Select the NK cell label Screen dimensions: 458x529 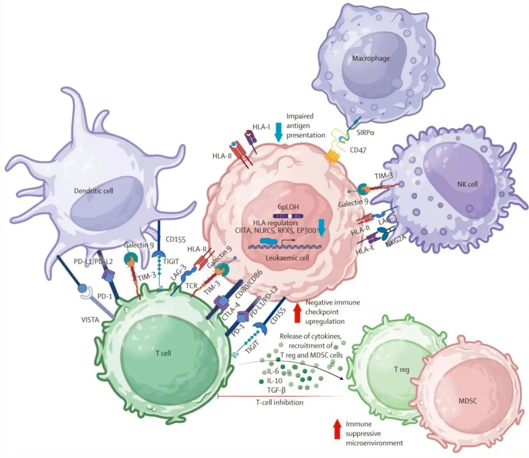point(467,184)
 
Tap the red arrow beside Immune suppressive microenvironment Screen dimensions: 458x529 point(337,429)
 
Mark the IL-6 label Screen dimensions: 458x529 point(273,371)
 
